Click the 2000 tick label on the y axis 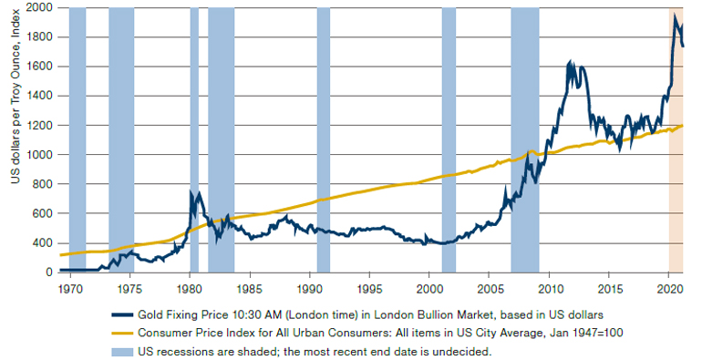39,7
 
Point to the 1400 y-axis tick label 40,96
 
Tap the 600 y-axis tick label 43,213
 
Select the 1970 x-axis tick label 70,289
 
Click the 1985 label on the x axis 250,289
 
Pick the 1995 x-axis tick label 369,289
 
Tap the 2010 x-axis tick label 549,289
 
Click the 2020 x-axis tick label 669,289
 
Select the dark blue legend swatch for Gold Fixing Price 122,314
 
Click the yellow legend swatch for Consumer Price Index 122,333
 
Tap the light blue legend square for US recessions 122,351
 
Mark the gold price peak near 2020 675,15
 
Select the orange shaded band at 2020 676,140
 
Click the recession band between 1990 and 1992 324,140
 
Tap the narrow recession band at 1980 194,140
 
